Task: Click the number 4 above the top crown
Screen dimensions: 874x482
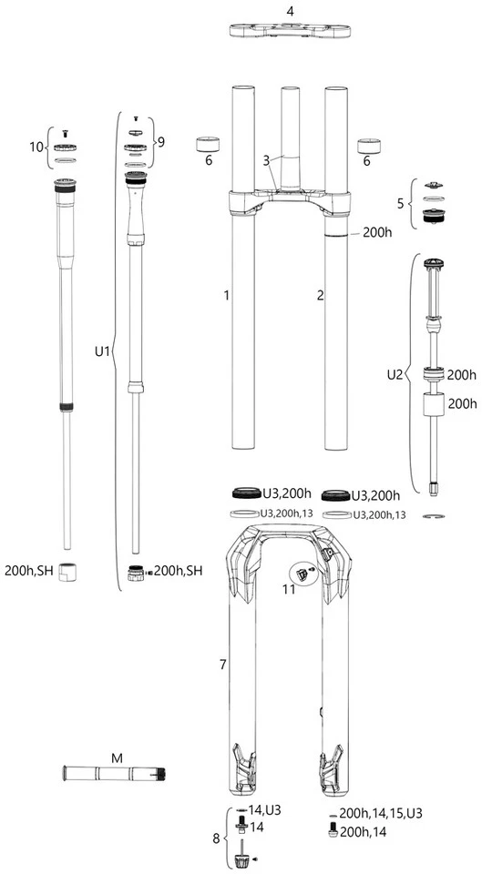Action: (x=290, y=11)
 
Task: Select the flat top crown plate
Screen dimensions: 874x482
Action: (x=290, y=32)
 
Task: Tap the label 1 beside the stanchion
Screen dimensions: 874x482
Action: (x=226, y=295)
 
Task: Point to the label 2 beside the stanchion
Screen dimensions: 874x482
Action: (x=320, y=295)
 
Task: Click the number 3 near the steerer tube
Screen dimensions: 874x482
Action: (x=267, y=160)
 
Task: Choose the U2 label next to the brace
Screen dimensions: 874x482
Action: (x=394, y=373)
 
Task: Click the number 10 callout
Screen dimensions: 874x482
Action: (x=36, y=147)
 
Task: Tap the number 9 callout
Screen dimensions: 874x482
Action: (x=161, y=141)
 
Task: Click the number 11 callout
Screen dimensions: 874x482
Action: (x=289, y=590)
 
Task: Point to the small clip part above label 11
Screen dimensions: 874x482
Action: (x=302, y=573)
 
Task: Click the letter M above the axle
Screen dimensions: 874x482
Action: (x=116, y=757)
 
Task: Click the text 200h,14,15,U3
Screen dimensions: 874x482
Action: (x=381, y=811)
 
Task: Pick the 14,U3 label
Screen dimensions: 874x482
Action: (x=266, y=808)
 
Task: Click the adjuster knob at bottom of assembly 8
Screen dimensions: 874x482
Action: (x=243, y=859)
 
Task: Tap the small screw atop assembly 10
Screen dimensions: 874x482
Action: (x=65, y=132)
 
